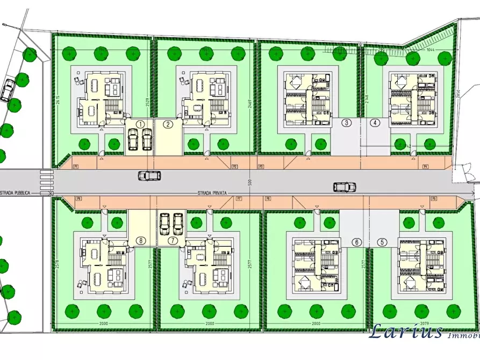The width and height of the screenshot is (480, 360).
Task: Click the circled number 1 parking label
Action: click(141, 124)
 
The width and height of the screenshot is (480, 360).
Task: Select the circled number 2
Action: click(168, 124)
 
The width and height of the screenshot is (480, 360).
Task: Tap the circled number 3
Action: click(347, 123)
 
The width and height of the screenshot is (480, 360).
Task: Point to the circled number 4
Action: click(375, 123)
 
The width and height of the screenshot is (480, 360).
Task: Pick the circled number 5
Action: click(382, 242)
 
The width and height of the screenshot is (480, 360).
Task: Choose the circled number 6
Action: click(356, 242)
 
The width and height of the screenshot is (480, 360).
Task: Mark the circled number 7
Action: click(173, 241)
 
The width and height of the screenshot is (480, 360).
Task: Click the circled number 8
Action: click(141, 241)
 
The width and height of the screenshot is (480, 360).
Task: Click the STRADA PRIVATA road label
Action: click(213, 192)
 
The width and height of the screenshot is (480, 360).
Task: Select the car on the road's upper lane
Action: click(150, 175)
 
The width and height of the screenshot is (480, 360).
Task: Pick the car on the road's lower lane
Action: click(344, 187)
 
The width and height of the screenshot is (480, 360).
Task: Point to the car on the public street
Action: click(7, 90)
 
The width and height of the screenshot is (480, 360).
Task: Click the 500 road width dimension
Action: click(250, 183)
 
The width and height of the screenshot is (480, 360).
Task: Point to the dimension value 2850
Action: click(458, 92)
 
